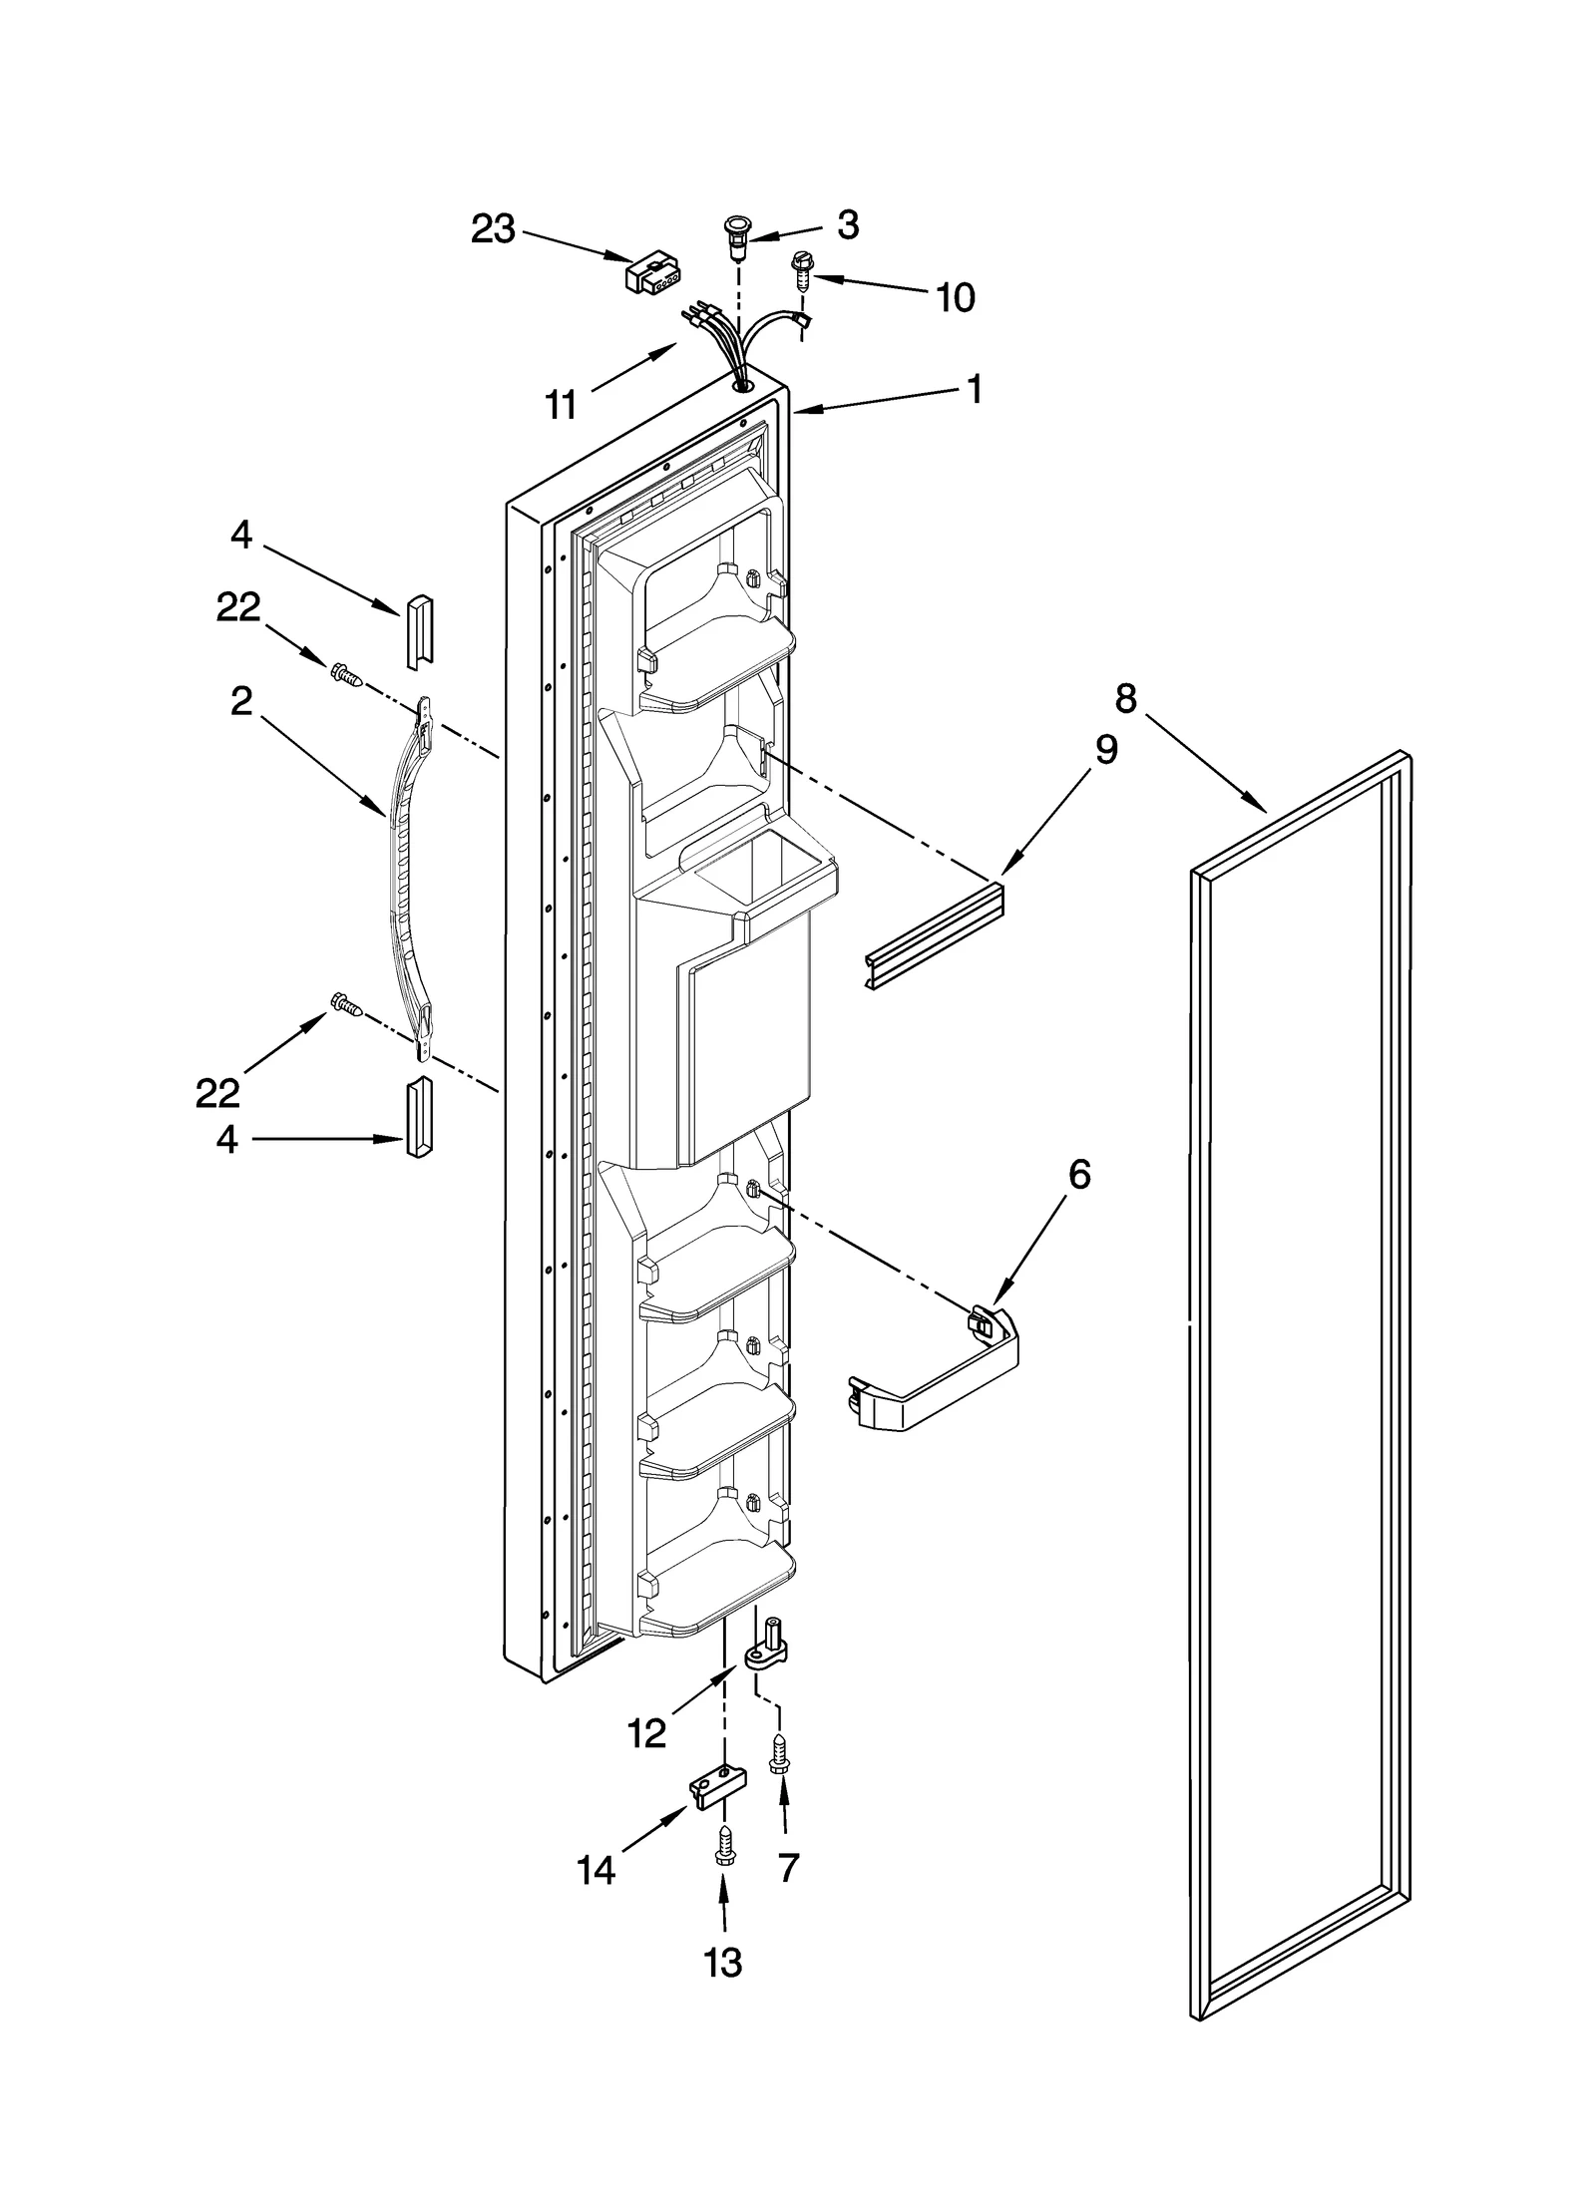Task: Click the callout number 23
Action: pyautogui.click(x=493, y=229)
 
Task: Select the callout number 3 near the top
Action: pyautogui.click(x=848, y=225)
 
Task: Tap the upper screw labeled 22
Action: pyautogui.click(x=345, y=675)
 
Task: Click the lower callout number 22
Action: pyautogui.click(x=217, y=1094)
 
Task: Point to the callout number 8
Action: pyautogui.click(x=1125, y=699)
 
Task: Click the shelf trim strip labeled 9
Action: pyautogui.click(x=933, y=933)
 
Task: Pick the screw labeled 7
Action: pyautogui.click(x=779, y=1752)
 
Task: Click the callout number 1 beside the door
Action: pyautogui.click(x=975, y=389)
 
